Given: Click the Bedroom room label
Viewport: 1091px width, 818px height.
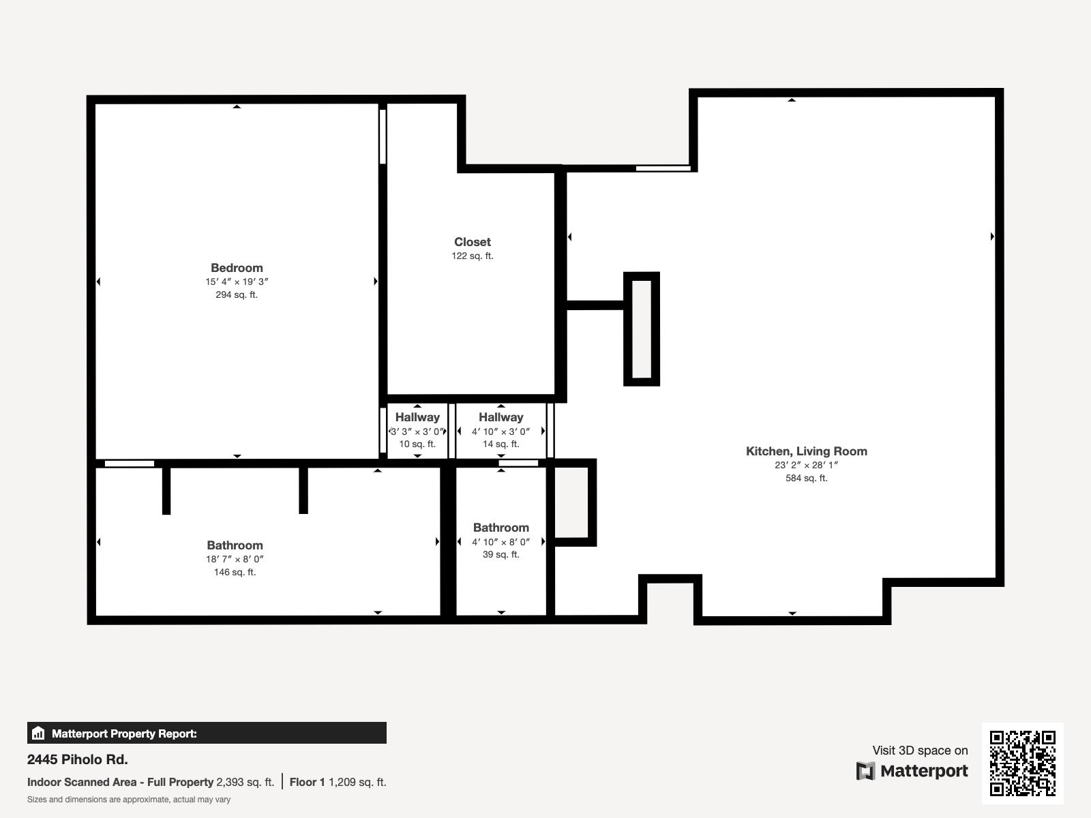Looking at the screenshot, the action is pos(237,268).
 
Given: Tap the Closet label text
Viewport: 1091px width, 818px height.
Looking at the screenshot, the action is pos(472,242).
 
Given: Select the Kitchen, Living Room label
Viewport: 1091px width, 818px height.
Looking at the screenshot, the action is pos(806,451).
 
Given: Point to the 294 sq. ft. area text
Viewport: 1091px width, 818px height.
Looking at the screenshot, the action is pos(237,294).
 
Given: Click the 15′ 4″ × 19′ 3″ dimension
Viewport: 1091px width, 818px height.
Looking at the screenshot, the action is pos(237,282).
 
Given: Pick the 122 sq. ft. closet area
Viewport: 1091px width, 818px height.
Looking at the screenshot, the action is pos(472,256).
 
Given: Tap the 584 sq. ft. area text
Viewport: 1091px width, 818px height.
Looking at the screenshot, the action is pos(806,478).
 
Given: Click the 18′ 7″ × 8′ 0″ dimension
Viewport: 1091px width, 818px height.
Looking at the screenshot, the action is pos(235,559).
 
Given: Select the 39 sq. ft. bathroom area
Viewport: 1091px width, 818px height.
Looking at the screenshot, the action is pos(501,554).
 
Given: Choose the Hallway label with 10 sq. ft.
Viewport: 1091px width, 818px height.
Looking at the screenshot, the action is pos(417,417).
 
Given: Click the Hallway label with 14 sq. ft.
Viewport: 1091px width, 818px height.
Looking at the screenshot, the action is pos(501,417).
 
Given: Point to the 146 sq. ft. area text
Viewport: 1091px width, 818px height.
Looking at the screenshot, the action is pos(235,572).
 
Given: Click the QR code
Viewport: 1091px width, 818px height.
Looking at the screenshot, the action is pos(1022,763).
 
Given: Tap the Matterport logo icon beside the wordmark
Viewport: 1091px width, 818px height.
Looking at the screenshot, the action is pos(865,771).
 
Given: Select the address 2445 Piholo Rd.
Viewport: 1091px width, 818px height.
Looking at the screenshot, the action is pos(78,759).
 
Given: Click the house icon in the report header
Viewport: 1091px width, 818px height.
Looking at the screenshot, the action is pos(38,733).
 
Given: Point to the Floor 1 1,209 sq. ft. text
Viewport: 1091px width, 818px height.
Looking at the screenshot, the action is pos(338,783).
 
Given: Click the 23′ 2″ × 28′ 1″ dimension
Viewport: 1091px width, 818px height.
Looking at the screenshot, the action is pos(806,465).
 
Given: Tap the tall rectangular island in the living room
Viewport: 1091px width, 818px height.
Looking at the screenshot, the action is pos(642,329).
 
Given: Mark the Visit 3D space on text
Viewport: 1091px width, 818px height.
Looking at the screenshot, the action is pos(920,751).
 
